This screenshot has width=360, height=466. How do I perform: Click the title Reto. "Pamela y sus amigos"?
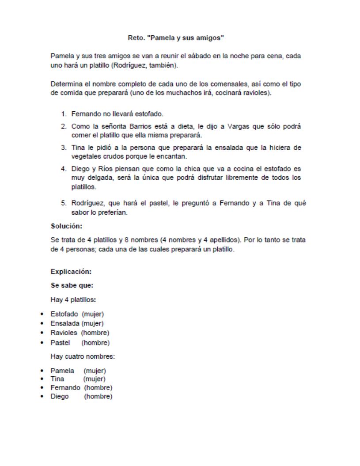point(179,38)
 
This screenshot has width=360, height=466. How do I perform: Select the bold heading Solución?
point(67,226)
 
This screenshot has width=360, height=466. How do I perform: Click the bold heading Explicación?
point(71,272)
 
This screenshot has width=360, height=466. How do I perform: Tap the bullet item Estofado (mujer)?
point(77,314)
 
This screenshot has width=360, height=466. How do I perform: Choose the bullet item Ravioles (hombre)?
point(80,333)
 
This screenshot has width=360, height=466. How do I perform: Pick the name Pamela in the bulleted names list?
point(62,371)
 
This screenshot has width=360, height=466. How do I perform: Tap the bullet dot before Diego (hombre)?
point(42,397)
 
